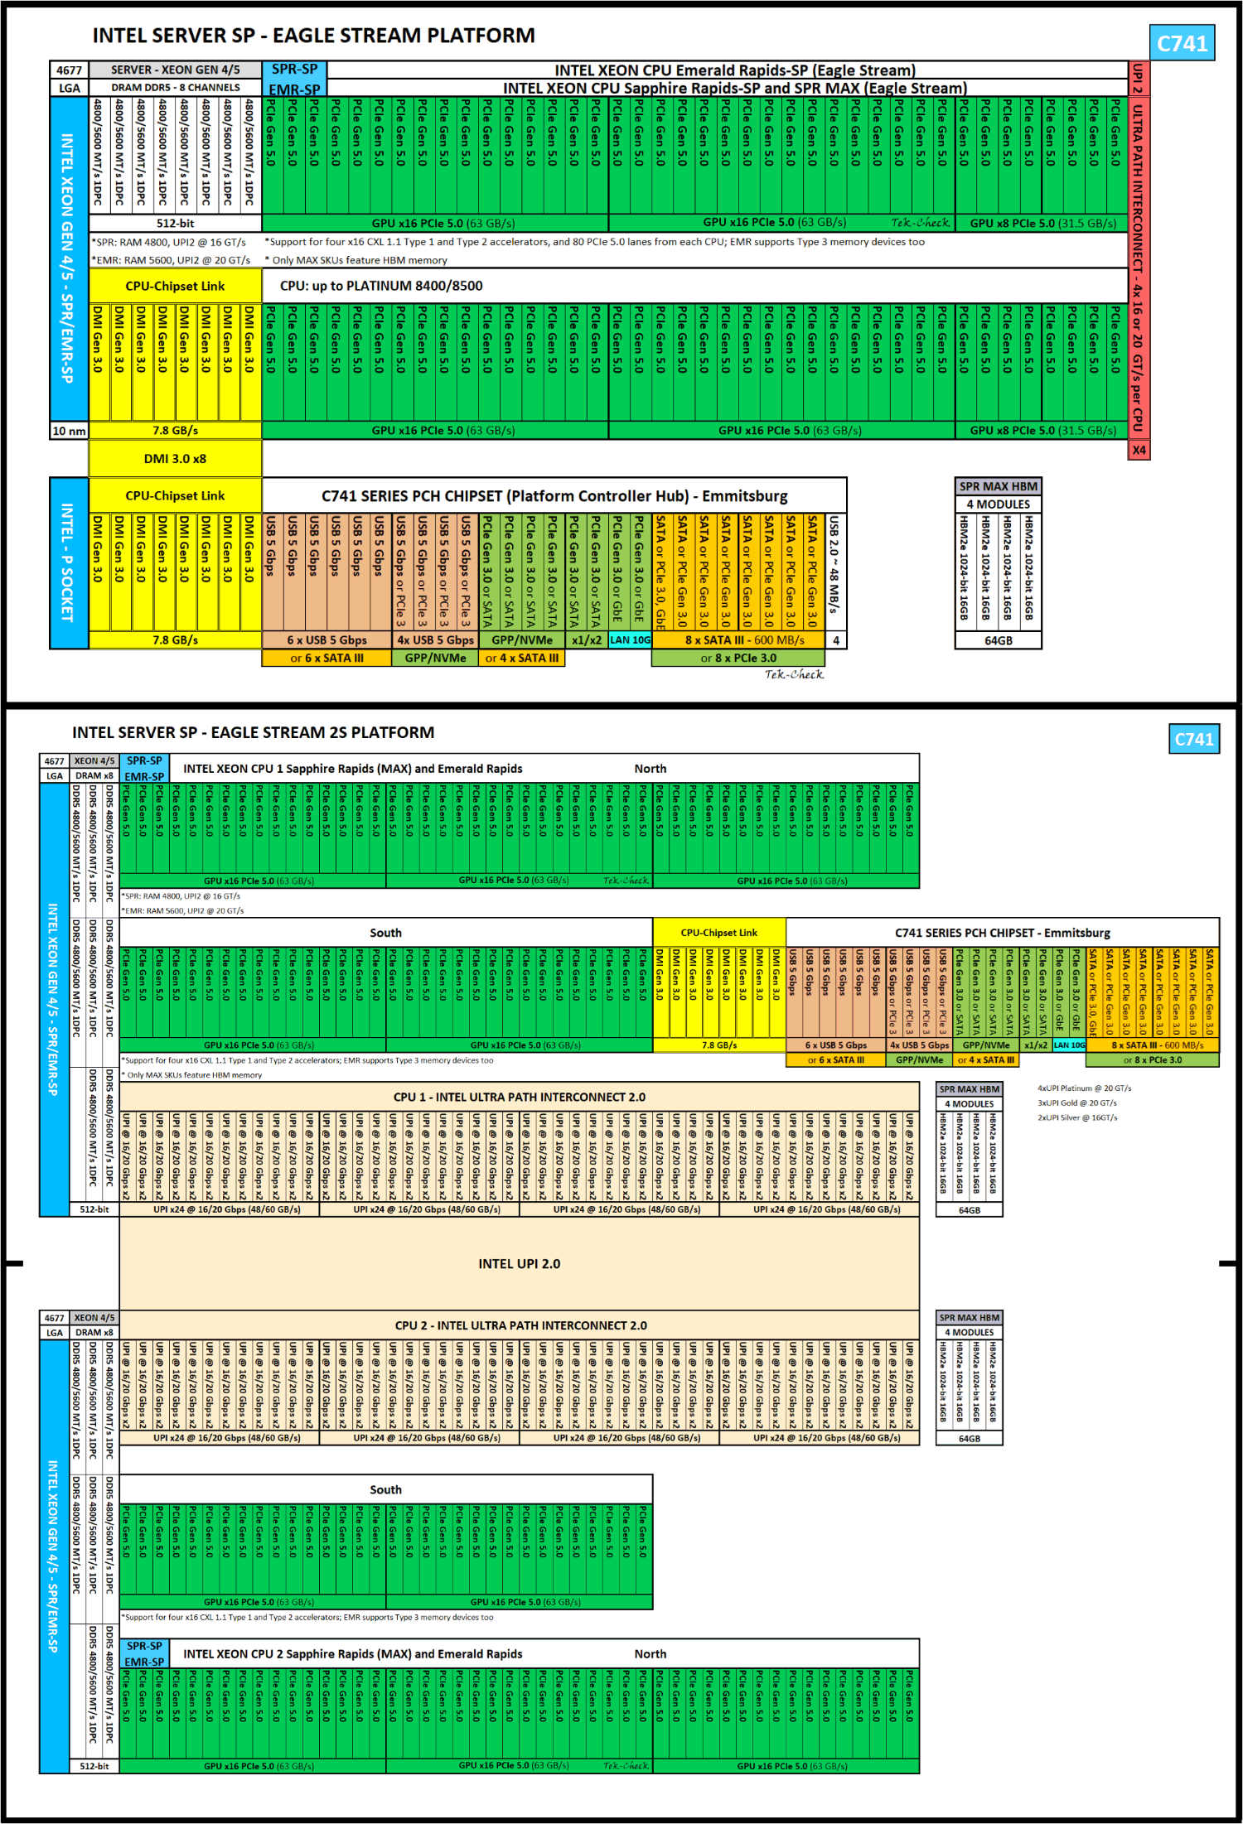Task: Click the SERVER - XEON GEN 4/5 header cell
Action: pyautogui.click(x=175, y=70)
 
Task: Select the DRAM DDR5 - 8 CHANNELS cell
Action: pyautogui.click(x=175, y=88)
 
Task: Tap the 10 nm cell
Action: pyautogui.click(x=69, y=431)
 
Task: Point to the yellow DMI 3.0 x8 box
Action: pyautogui.click(x=175, y=459)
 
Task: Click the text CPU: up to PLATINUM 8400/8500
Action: pyautogui.click(x=381, y=286)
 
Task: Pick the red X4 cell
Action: pyautogui.click(x=1139, y=450)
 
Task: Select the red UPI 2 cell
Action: pyautogui.click(x=1139, y=79)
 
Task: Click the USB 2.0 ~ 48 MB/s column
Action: pyautogui.click(x=835, y=572)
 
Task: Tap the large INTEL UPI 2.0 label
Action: pyautogui.click(x=520, y=1264)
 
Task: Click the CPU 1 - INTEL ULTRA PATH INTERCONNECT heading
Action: pyautogui.click(x=520, y=1097)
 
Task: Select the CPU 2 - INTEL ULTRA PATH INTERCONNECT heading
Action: pyautogui.click(x=520, y=1325)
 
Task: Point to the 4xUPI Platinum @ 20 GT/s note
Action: pyautogui.click(x=1084, y=1088)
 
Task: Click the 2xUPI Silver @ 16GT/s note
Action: pyautogui.click(x=1077, y=1117)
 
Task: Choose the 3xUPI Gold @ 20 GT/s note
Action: pyautogui.click(x=1077, y=1103)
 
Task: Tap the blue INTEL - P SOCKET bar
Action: pyautogui.click(x=69, y=562)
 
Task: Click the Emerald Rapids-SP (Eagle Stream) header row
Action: pyautogui.click(x=734, y=70)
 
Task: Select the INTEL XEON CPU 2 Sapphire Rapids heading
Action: pyautogui.click(x=353, y=1653)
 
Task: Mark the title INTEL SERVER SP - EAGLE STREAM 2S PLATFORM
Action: pyautogui.click(x=254, y=732)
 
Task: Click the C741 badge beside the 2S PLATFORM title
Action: pyautogui.click(x=1193, y=739)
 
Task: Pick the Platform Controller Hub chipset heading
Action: pyautogui.click(x=554, y=495)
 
